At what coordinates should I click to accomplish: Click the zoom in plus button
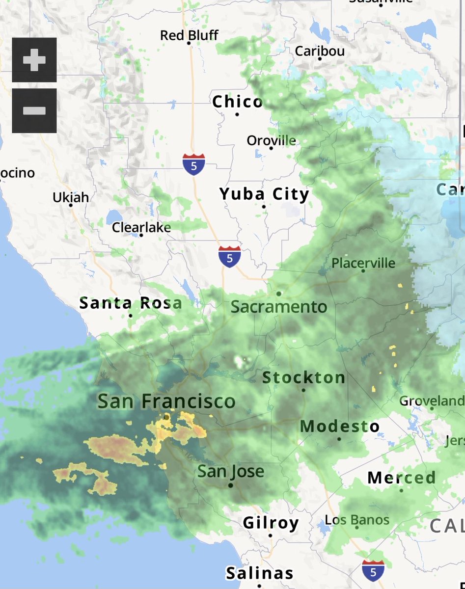click(34, 60)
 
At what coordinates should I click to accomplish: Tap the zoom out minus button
click(34, 111)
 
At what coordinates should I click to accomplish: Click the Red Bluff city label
click(189, 35)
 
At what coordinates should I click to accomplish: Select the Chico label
click(238, 102)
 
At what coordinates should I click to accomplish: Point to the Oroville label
click(272, 140)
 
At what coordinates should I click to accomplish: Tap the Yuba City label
click(264, 194)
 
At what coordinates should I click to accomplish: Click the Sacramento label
click(279, 307)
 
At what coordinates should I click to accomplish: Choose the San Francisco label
click(166, 401)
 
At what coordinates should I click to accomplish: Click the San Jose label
click(231, 472)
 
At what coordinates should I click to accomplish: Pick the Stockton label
click(303, 377)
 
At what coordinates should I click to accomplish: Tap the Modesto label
click(340, 426)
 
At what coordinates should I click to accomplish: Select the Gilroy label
click(271, 523)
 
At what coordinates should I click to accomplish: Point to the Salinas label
click(260, 573)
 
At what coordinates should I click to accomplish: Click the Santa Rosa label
click(131, 303)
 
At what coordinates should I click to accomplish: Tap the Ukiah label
click(71, 197)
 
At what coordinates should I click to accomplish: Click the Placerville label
click(363, 263)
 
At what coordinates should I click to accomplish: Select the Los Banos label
click(357, 520)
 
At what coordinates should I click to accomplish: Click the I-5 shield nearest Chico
click(194, 164)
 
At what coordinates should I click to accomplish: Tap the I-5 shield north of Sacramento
click(230, 257)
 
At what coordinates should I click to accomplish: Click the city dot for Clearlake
click(141, 235)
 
